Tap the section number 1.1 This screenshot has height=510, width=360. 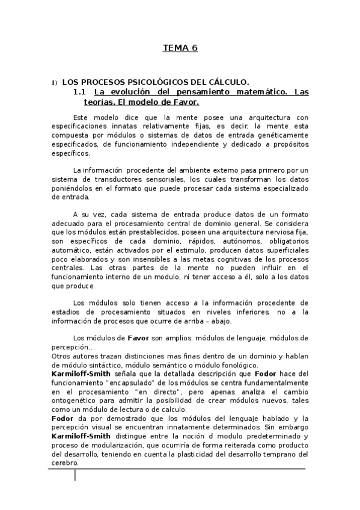coord(81,92)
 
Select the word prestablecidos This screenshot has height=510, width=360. coord(121,232)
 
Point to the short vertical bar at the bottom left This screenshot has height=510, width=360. coord(75,475)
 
